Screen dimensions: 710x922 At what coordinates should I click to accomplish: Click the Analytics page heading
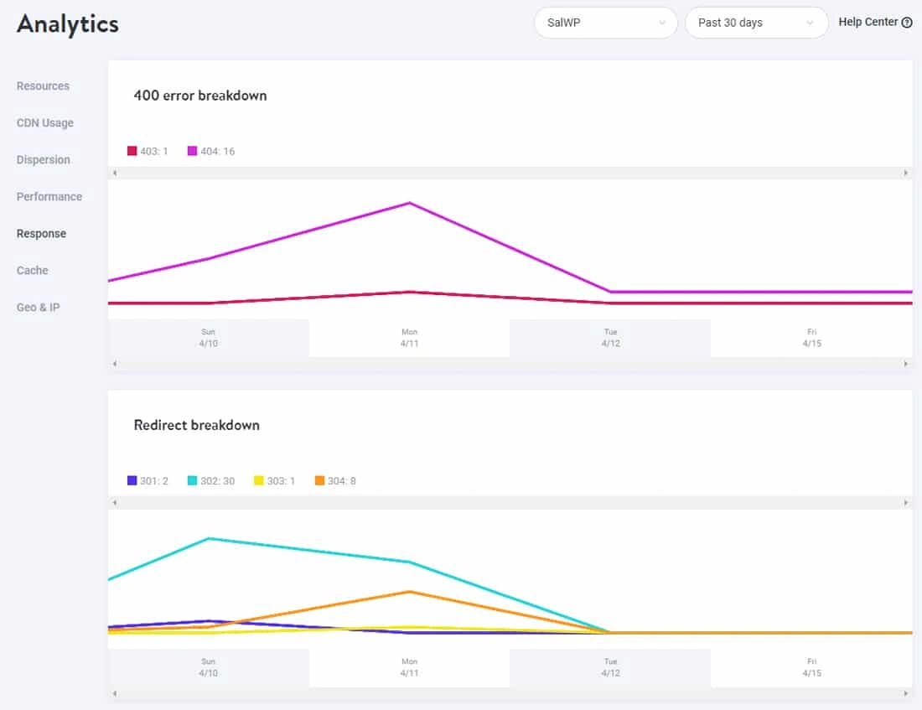68,23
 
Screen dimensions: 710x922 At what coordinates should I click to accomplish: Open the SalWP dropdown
605,23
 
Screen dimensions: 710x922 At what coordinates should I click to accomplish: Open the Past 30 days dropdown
756,23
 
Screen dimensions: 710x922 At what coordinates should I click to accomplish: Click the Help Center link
874,23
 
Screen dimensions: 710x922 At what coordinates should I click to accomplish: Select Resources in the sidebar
43,86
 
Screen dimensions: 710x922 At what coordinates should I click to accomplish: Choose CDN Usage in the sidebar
45,122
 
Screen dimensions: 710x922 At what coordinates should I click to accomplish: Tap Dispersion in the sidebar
44,159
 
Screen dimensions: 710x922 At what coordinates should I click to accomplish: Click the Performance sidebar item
49,196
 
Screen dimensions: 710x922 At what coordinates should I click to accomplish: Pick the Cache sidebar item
33,270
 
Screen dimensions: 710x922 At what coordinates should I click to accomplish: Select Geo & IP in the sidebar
39,307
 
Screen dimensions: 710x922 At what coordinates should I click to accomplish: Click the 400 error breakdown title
200,96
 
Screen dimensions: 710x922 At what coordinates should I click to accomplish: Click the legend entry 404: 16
211,151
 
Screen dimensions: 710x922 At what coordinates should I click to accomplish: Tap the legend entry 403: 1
148,151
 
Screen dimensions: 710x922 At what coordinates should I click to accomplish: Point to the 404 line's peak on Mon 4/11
409,203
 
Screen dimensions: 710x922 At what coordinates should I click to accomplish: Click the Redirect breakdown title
197,425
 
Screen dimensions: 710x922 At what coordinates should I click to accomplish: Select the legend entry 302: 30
210,481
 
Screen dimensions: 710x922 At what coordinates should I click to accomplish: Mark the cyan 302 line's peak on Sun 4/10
208,538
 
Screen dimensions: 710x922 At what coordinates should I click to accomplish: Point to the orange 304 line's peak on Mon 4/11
409,592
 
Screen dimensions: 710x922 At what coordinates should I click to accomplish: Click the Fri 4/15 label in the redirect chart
811,667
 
